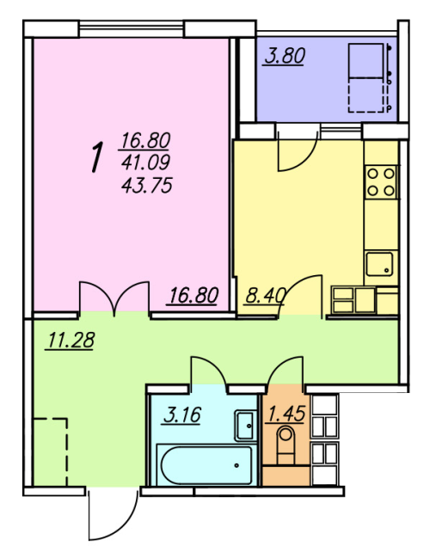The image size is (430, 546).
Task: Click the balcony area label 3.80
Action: click(x=285, y=56)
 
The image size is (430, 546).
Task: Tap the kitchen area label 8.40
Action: click(x=266, y=296)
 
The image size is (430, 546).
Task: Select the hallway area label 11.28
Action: click(x=71, y=340)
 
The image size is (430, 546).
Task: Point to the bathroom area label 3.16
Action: click(x=182, y=414)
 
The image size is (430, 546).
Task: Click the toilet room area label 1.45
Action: click(x=286, y=414)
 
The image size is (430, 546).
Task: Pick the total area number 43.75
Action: click(x=146, y=185)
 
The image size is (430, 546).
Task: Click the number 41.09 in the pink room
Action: click(x=146, y=162)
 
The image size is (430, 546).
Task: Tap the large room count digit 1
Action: click(x=98, y=156)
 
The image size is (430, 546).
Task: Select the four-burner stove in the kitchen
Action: click(x=381, y=181)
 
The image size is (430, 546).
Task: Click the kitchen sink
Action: click(x=379, y=264)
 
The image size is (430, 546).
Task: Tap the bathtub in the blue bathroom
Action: click(x=206, y=465)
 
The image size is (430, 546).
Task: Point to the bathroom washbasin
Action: click(x=245, y=426)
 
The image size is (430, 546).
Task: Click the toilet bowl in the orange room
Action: click(x=286, y=445)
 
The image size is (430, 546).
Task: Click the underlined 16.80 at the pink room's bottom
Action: click(x=193, y=295)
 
